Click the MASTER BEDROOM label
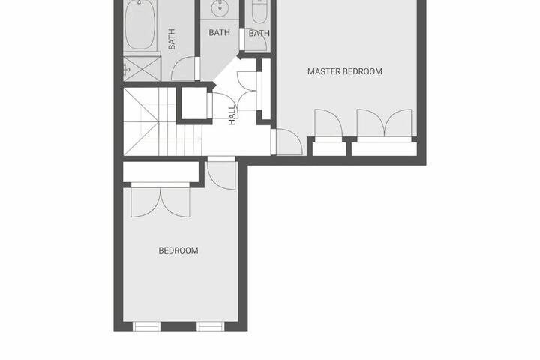point(345,71)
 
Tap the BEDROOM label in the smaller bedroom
point(178,250)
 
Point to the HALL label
point(232,115)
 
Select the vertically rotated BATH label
point(171,39)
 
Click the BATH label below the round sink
point(219,33)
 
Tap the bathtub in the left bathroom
point(139,25)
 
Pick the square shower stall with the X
point(142,69)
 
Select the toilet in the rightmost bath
point(259,12)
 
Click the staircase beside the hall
point(163,121)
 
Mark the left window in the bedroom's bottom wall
point(146,326)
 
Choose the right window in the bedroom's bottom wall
point(211,326)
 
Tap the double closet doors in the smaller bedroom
point(160,202)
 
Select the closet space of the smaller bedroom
point(160,172)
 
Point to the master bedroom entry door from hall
point(287,142)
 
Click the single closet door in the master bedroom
point(328,124)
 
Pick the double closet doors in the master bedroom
point(384,124)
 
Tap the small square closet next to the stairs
point(193,103)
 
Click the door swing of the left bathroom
point(184,67)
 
